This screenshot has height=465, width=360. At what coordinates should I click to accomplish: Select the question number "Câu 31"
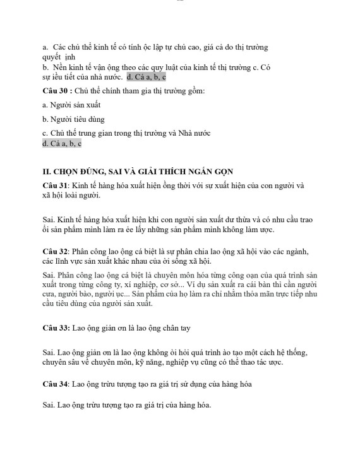[x=55, y=186]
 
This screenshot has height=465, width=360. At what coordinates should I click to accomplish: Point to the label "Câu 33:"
[x=56, y=328]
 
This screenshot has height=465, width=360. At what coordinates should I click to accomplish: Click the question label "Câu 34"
[x=55, y=384]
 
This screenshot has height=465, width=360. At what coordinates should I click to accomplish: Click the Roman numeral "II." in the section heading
[x=46, y=172]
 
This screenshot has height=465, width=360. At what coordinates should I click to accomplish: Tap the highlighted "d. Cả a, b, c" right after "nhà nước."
[x=146, y=77]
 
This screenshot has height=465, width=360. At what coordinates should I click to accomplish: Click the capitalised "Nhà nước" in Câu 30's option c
[x=195, y=133]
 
